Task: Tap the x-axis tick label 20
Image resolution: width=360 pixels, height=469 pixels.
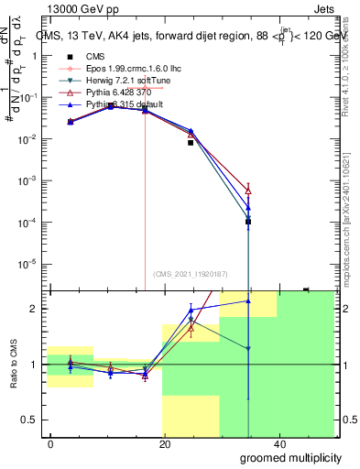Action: click(x=165, y=442)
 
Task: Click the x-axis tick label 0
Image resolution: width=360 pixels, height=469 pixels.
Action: click(x=50, y=442)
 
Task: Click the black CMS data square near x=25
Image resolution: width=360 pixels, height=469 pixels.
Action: click(x=191, y=142)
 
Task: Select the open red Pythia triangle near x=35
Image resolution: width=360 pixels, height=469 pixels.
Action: click(x=248, y=191)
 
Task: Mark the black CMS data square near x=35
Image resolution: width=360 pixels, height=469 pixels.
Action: click(x=248, y=222)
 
